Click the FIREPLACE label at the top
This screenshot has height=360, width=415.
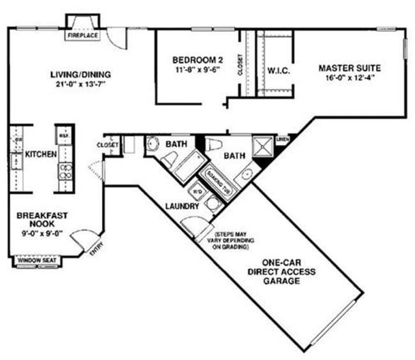82,36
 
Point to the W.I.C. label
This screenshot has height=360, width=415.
278,70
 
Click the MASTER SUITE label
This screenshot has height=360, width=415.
351,68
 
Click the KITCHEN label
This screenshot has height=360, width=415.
41,154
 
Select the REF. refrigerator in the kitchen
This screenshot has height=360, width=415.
64,137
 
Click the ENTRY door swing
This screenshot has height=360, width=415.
82,243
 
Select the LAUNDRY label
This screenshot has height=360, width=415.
182,206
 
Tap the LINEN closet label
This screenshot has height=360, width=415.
282,138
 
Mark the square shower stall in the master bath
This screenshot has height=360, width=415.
262,147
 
